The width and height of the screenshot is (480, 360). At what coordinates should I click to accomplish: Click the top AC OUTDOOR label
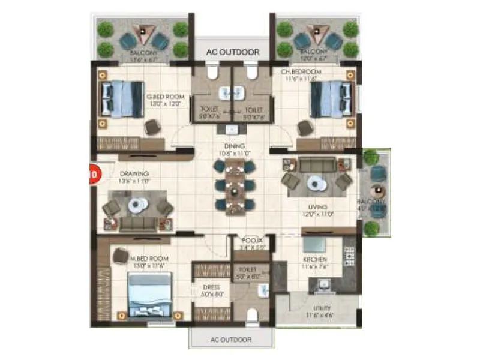(232, 52)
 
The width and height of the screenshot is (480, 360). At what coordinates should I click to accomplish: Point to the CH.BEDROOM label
(301, 71)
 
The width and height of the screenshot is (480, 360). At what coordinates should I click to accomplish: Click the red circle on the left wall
(94, 175)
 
